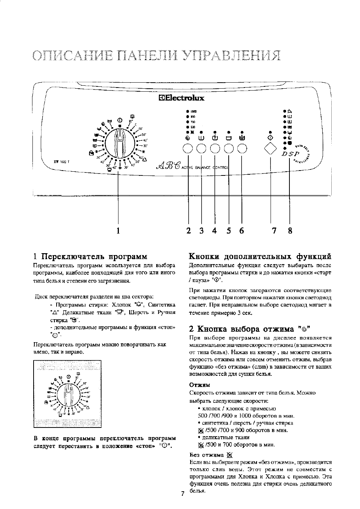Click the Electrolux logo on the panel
[x=182, y=98]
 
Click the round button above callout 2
[x=188, y=149]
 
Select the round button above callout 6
[x=242, y=149]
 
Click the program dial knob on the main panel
[x=119, y=143]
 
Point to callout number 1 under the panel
[x=118, y=231]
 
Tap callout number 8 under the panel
[x=290, y=231]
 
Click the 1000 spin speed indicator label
[x=194, y=112]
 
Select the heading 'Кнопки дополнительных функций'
[x=260, y=257]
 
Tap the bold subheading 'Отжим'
[x=199, y=384]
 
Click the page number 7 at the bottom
[x=182, y=494]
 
